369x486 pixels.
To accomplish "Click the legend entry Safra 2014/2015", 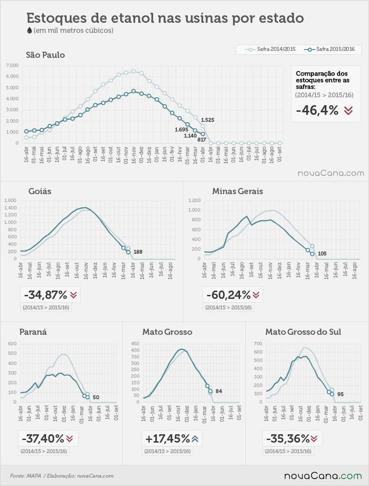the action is (270, 49).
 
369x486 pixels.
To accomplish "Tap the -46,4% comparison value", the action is (317, 110).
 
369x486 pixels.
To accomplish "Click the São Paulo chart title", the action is (45, 55).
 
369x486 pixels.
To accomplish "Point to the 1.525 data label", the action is (208, 120).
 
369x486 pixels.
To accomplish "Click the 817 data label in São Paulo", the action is (202, 139).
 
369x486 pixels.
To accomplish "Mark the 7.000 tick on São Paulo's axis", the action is (12, 65).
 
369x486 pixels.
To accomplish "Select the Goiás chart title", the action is (40, 191).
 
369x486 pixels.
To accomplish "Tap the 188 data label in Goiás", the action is (138, 252).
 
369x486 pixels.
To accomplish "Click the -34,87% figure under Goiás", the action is (45, 295).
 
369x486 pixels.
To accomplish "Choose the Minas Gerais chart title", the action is (237, 191).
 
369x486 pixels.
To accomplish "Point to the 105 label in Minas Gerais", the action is (322, 254).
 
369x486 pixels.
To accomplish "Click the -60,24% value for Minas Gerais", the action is (229, 295).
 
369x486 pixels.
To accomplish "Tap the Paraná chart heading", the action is (33, 332).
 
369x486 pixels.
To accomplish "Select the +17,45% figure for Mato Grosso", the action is (168, 439).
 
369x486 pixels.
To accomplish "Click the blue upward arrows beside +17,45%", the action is (195, 439).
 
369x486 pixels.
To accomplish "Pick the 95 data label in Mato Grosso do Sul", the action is (340, 394).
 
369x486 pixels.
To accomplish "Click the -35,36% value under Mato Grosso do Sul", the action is (288, 439).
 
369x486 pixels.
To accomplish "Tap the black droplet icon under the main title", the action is (29, 30).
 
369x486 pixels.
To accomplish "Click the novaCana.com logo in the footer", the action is (323, 476).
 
